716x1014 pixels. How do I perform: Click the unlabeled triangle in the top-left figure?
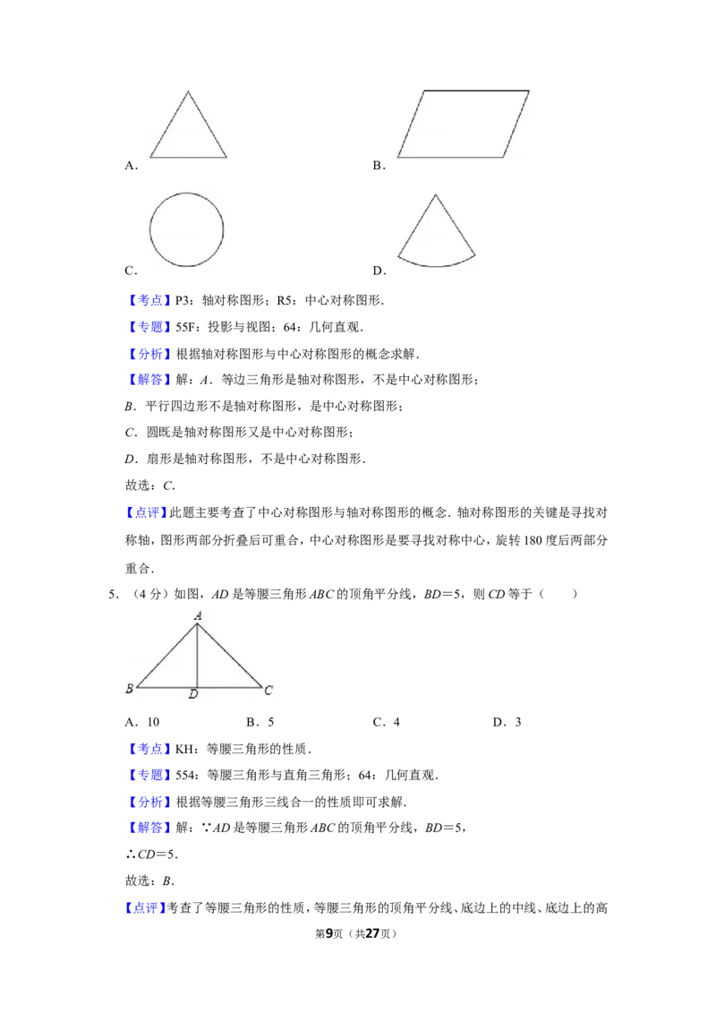tap(189, 130)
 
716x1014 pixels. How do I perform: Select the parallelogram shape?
tap(463, 124)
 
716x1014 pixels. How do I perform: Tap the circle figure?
tap(186, 229)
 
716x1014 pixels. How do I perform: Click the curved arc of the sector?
tap(436, 265)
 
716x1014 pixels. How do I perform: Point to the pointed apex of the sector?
tap(434, 194)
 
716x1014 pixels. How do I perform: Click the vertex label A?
tap(197, 615)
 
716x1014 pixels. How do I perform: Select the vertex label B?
tap(129, 689)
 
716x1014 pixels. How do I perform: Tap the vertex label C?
tap(268, 690)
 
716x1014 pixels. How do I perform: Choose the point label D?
tap(192, 695)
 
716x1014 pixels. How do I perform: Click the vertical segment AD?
tap(197, 656)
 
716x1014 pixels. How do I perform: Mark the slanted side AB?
tap(166, 656)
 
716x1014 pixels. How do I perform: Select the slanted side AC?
tap(229, 656)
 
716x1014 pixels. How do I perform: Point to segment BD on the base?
tap(166, 688)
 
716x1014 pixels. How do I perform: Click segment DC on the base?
tap(229, 688)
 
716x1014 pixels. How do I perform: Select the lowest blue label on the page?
tap(146, 907)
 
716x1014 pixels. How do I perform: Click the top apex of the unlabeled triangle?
tap(189, 92)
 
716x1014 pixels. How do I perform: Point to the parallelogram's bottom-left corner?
tap(398, 158)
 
